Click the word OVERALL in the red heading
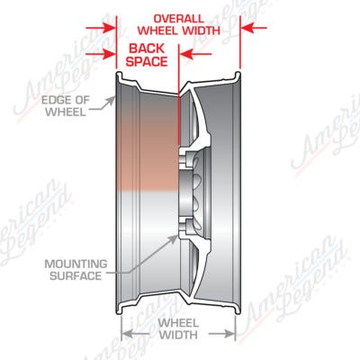(178, 19)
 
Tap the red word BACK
(147, 49)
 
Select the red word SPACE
(147, 61)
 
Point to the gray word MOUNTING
(76, 264)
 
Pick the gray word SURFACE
(76, 275)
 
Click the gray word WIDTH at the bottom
(178, 334)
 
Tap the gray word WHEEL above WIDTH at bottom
(178, 323)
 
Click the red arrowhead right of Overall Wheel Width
(247, 28)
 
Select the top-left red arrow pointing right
(101, 29)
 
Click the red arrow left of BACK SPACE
(101, 54)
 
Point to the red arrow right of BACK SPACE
(195, 54)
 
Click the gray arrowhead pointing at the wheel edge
(111, 101)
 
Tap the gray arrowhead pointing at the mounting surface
(173, 239)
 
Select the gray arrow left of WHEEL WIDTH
(136, 334)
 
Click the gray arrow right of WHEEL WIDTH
(222, 334)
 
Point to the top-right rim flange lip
(238, 75)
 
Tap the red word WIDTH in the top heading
(200, 31)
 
